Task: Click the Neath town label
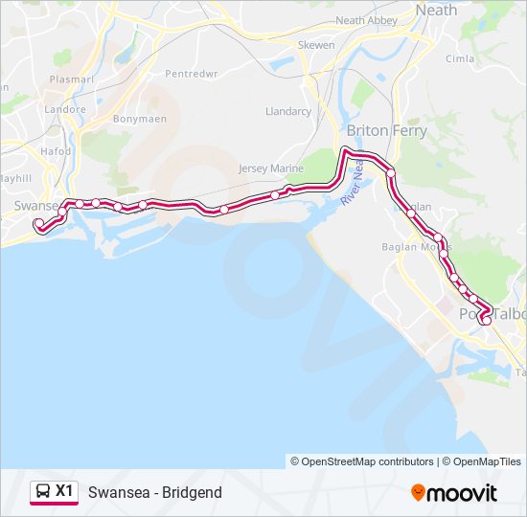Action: click(436, 10)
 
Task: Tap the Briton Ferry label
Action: click(386, 130)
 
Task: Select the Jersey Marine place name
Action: click(271, 169)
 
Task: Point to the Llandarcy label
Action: click(287, 111)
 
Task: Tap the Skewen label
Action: click(316, 45)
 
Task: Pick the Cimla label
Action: click(460, 58)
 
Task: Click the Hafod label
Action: click(56, 151)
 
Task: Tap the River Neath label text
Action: click(353, 182)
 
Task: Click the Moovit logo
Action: click(454, 493)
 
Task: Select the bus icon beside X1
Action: click(43, 492)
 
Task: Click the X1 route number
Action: click(64, 491)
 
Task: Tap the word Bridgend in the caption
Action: click(192, 493)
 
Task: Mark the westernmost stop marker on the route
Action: click(39, 225)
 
